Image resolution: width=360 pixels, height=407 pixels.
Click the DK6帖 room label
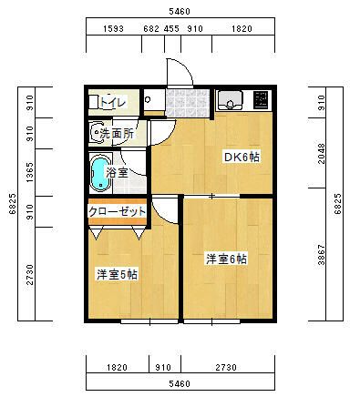point(242,157)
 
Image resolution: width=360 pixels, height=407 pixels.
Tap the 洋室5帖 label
point(118,274)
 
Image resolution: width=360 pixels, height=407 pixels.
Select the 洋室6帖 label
point(225,259)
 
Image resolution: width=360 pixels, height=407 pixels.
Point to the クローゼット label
point(117,210)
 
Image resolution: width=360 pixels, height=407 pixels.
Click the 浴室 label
point(117,172)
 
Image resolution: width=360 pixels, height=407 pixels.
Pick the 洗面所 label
point(117,134)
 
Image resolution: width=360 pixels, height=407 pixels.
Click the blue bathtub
point(98,173)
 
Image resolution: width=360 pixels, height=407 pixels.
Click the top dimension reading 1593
point(113,29)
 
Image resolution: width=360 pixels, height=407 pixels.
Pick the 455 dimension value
point(171,29)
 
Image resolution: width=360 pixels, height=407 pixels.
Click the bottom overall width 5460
point(180,385)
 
